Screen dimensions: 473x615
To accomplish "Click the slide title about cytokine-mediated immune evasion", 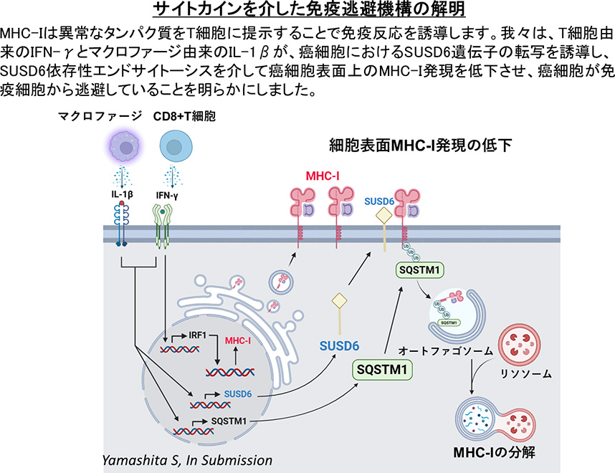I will (x=307, y=10).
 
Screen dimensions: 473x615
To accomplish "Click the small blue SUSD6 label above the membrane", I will (x=379, y=203).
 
